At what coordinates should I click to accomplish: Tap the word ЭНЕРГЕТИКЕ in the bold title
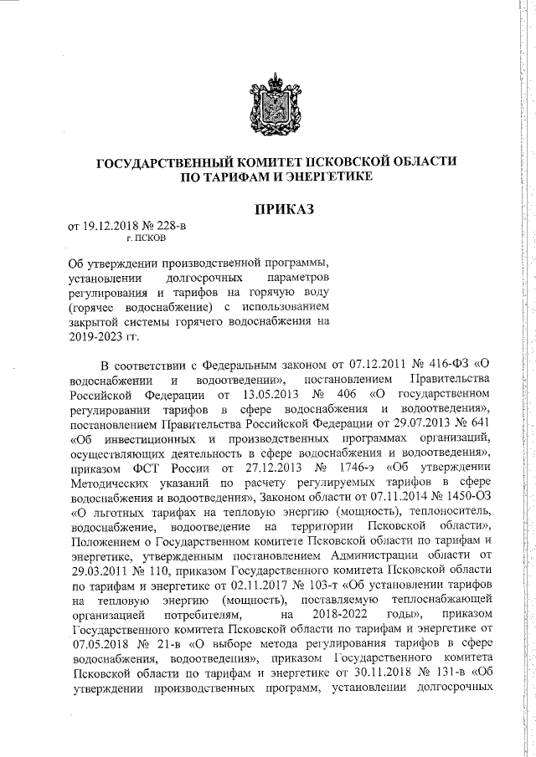click(x=326, y=177)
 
